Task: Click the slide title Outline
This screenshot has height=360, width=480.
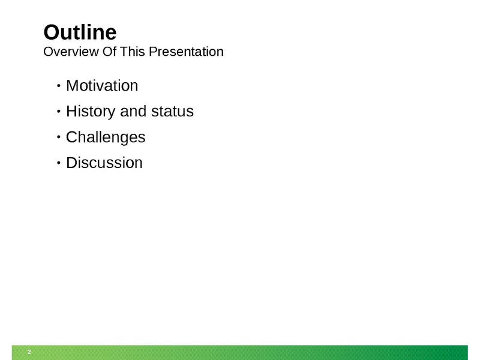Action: point(80,32)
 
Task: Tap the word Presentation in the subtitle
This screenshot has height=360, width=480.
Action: point(186,52)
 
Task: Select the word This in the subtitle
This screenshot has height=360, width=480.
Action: point(133,52)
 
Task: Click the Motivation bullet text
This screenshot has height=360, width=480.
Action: point(102,85)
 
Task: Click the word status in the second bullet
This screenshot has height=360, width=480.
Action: point(172,111)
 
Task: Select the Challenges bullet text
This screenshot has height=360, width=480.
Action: point(106,137)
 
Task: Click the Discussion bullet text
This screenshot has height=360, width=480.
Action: point(104,163)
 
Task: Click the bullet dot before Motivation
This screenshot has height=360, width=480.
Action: point(59,86)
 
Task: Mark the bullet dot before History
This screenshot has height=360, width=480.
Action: point(59,112)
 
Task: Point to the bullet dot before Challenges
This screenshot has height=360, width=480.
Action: point(59,137)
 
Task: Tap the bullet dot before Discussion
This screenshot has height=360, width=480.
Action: point(59,163)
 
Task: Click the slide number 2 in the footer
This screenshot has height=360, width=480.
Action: point(29,352)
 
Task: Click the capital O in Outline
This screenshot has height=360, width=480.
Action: point(52,32)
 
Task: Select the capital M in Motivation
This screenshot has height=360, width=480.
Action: point(72,86)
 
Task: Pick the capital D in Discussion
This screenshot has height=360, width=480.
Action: point(71,163)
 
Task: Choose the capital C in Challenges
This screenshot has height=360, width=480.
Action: point(71,137)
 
